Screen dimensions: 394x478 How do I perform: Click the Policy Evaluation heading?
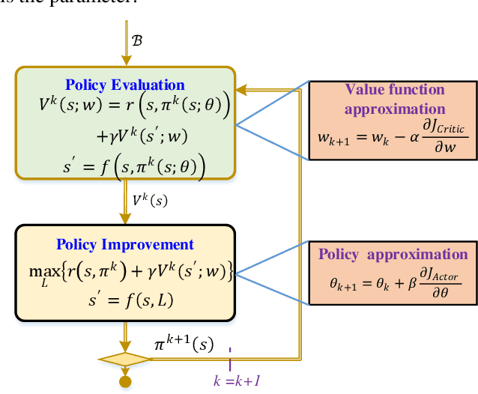[124, 84]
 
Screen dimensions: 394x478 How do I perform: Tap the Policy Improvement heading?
[124, 244]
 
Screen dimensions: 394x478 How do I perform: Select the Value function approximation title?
[385, 99]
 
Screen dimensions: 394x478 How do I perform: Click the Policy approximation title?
[393, 254]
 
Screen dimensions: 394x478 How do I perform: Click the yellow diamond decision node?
[125, 360]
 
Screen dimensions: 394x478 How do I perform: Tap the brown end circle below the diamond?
[125, 381]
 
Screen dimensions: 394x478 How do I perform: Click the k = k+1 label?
[237, 381]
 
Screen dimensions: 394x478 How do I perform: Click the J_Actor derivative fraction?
[437, 285]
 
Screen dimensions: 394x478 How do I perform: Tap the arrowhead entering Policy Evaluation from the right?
[241, 91]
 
